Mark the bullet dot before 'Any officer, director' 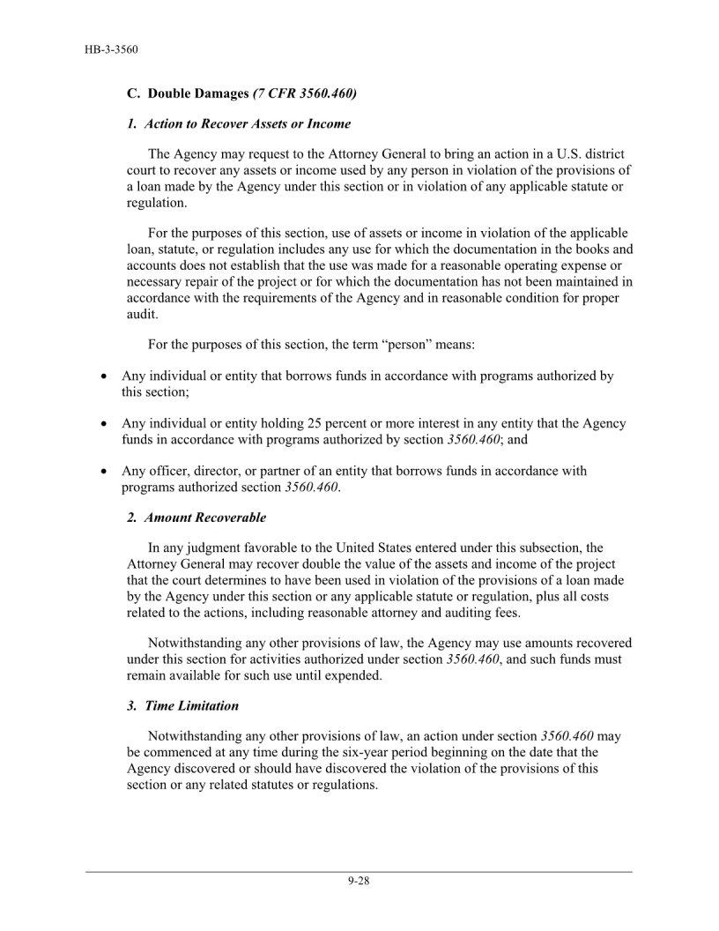tap(103, 472)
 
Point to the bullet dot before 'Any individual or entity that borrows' tap(103, 376)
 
